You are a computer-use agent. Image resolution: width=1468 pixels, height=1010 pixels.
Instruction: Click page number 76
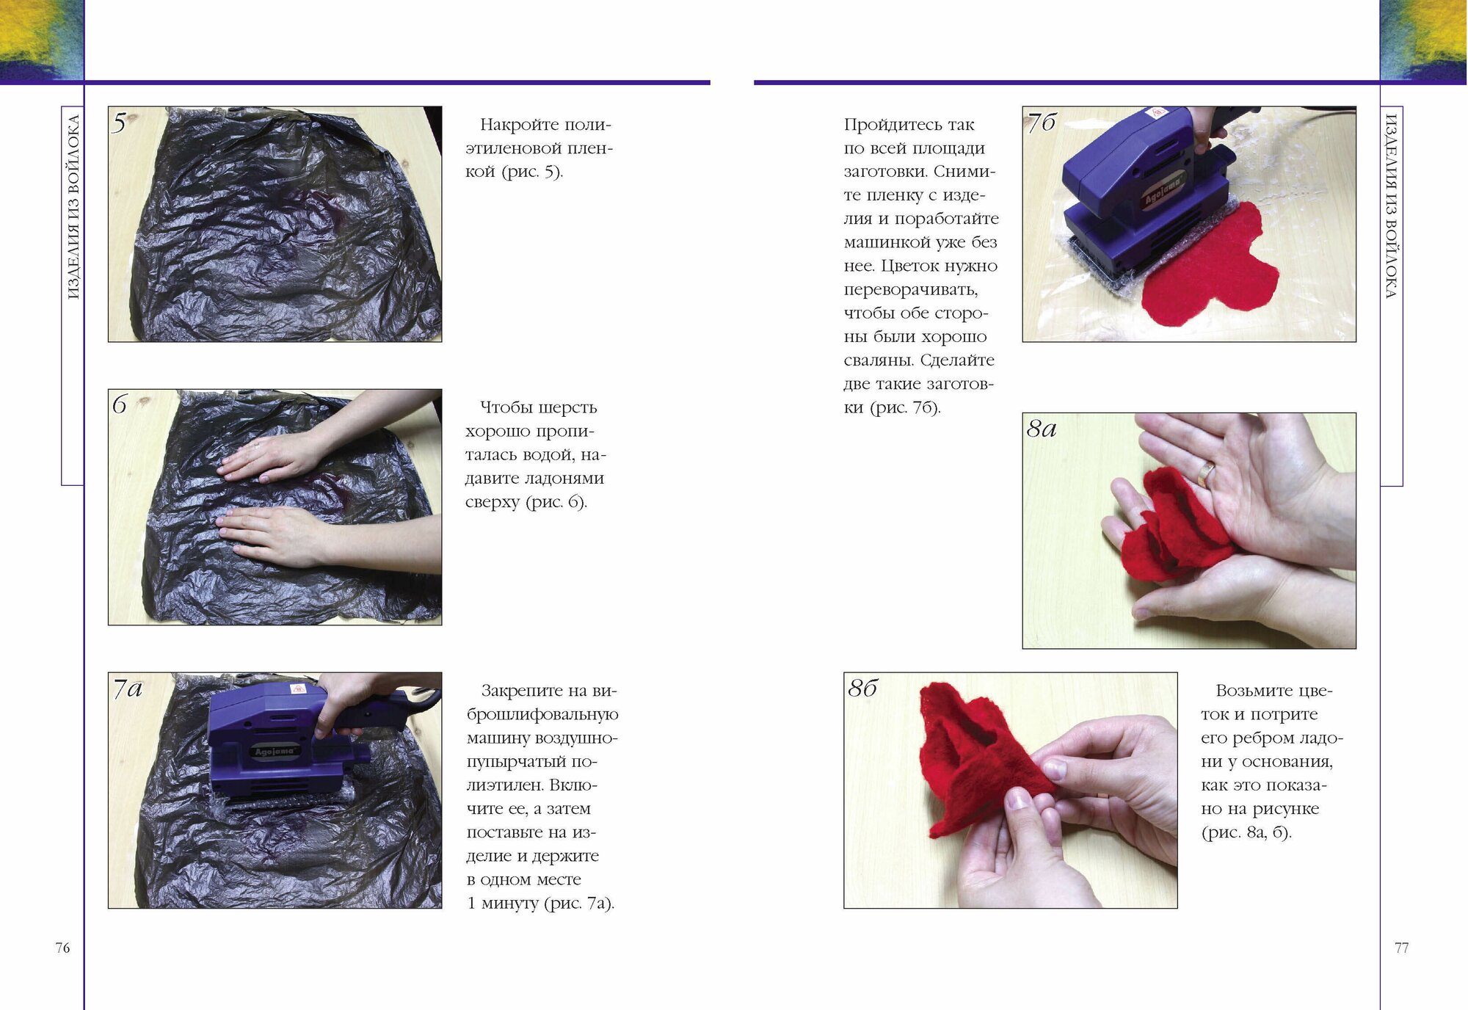[x=63, y=948]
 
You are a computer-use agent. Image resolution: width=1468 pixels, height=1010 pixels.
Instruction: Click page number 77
[x=1402, y=948]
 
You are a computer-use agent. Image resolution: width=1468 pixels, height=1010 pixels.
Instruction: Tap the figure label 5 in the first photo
[x=120, y=123]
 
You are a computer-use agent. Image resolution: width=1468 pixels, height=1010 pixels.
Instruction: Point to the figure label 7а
[x=128, y=689]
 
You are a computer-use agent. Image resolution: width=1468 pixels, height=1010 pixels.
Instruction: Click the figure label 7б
[x=1042, y=122]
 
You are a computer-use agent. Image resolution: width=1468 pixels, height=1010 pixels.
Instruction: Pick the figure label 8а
[x=1042, y=428]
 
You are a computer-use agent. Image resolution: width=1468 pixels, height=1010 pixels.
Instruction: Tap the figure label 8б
[x=863, y=688]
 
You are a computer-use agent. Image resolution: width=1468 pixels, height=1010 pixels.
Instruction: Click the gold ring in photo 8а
[x=1206, y=473]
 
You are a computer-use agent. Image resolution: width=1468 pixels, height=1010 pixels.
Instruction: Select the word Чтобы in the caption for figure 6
[x=507, y=407]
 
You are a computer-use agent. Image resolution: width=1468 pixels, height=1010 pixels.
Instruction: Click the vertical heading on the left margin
[x=73, y=207]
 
